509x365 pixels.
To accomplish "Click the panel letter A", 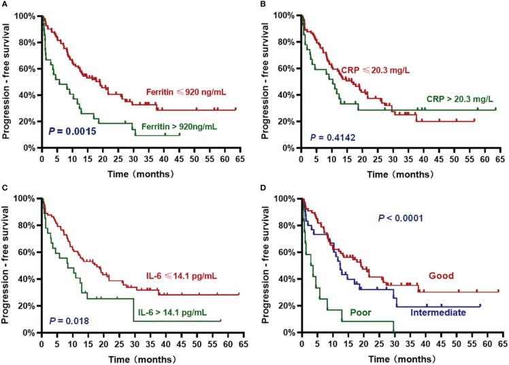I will (4, 5).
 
